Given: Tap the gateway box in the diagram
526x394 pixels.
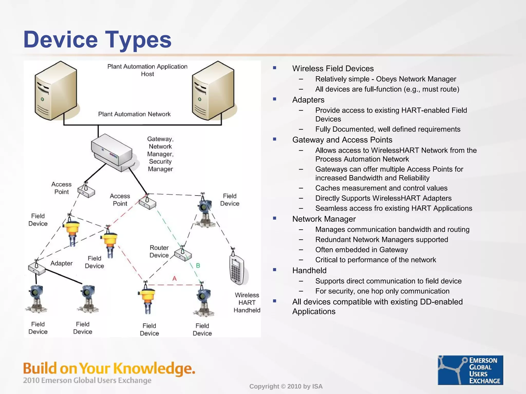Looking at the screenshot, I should (112, 152).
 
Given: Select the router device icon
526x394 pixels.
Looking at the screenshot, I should (183, 254).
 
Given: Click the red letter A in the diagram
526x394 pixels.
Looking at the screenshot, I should (175, 278).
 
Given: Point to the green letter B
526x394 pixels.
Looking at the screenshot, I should (198, 265).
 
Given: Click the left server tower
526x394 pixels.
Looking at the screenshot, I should (56, 91).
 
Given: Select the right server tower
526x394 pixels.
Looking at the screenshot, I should (213, 91).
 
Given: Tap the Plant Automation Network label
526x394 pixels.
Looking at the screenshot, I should (134, 114).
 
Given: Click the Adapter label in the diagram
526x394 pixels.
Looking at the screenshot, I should (61, 263).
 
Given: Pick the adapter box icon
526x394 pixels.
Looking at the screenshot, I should (37, 268).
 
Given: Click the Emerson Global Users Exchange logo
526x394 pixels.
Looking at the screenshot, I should (470, 370).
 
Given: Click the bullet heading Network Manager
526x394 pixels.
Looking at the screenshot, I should (324, 219).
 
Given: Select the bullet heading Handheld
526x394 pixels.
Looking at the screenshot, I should (309, 270).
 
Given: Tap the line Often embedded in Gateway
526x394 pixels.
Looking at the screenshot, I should (361, 250).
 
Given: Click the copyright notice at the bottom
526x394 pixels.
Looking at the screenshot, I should (286, 386).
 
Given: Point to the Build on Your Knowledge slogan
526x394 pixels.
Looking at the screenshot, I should (109, 368).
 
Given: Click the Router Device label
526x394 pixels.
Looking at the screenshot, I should (159, 251).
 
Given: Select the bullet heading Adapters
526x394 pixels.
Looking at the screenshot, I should (308, 100).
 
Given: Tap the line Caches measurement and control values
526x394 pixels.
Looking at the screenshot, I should (381, 188).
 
